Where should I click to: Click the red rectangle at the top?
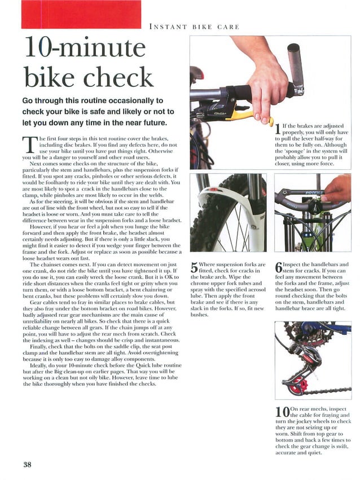[78, 15]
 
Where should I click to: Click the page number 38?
[28, 465]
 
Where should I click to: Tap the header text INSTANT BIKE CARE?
[194, 27]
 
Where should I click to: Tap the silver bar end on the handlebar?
[295, 67]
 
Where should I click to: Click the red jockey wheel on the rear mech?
[302, 387]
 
